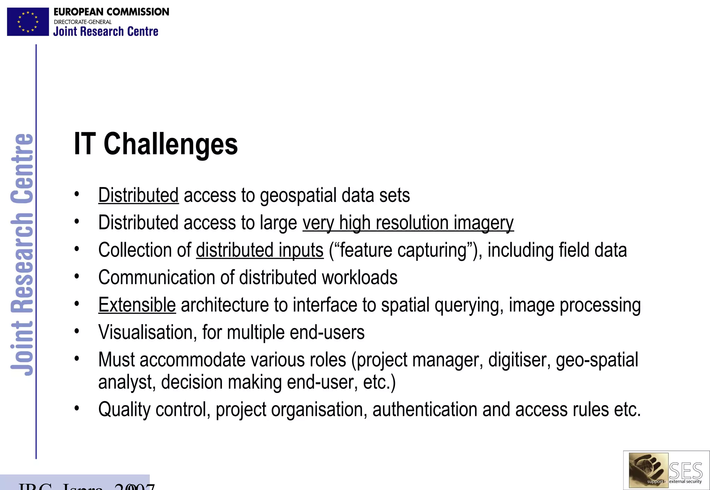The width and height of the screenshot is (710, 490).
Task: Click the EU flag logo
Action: [x=28, y=22]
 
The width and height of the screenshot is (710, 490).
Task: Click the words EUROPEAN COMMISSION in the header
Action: [x=111, y=12]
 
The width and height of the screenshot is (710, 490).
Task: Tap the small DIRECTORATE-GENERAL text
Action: [x=83, y=22]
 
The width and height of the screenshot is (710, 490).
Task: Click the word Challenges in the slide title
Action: [x=171, y=144]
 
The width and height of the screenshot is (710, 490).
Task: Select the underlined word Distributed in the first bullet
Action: [x=138, y=195]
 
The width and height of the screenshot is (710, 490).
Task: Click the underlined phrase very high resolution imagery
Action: [x=408, y=223]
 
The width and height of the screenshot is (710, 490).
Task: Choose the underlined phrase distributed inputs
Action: [x=260, y=250]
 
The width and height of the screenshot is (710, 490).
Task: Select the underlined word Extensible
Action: [x=137, y=305]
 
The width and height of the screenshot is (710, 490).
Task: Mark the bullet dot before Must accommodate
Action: [x=77, y=359]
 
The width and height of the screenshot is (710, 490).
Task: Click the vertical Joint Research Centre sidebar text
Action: [x=21, y=255]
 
